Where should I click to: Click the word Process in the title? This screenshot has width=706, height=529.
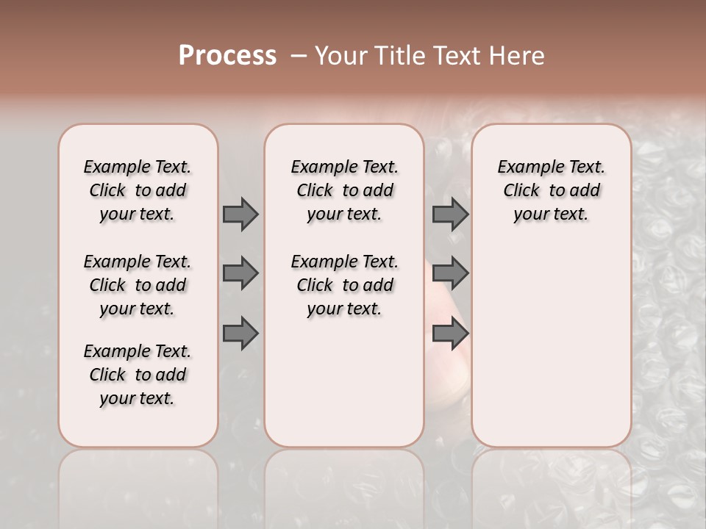pos(227,56)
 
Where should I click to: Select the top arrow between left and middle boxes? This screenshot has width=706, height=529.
pos(240,214)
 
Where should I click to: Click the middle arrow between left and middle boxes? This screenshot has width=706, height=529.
pos(240,273)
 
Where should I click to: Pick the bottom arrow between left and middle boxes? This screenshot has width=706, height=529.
pos(240,334)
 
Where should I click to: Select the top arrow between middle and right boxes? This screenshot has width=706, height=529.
pos(450,214)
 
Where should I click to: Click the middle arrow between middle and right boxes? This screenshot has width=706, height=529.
pos(450,273)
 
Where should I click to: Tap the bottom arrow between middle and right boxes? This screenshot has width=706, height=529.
pos(450,334)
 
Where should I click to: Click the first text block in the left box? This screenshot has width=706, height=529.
pos(138,190)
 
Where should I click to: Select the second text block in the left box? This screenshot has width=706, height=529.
pos(138,285)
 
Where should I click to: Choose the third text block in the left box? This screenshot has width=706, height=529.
pos(138,375)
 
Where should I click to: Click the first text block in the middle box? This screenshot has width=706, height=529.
pos(344,190)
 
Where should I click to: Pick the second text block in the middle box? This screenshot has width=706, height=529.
pos(344,285)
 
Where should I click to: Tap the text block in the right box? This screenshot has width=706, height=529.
pos(551,190)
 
